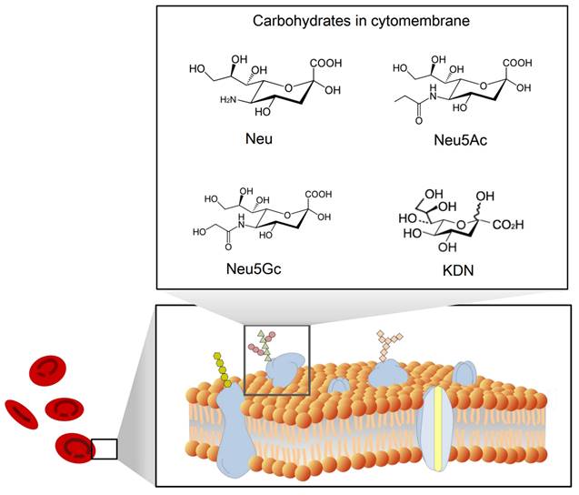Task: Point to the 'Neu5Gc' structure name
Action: (255, 270)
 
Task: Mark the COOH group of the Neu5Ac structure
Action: (516, 64)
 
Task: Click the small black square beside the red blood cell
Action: (105, 449)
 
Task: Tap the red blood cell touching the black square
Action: (73, 448)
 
